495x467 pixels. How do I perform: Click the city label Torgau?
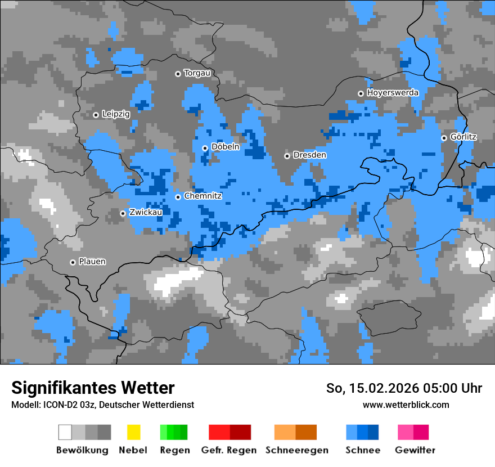197,73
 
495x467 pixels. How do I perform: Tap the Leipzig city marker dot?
96,115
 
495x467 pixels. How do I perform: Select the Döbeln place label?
225,147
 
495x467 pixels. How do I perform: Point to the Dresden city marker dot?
287,156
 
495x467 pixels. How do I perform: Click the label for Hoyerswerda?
393,92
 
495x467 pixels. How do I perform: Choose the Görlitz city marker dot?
444,138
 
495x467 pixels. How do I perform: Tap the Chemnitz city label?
202,196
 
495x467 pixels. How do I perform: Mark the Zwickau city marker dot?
123,213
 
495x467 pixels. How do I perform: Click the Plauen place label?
92,262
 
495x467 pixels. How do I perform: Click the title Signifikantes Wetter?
93,388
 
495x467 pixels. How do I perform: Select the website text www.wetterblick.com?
406,405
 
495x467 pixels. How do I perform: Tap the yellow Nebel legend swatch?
133,432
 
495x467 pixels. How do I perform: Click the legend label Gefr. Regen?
229,450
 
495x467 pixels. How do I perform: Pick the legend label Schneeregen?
296,450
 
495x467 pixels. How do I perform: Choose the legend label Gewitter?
415,450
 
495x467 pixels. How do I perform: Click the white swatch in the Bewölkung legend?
65,432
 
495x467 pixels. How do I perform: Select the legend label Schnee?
363,450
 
